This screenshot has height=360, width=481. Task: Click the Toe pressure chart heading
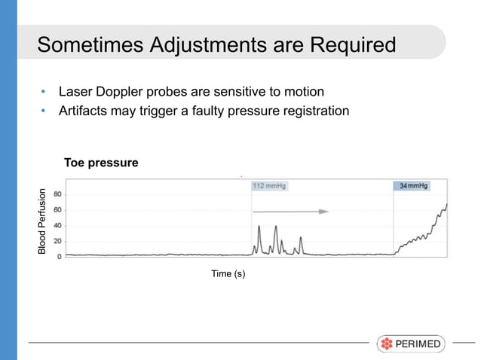[101, 163]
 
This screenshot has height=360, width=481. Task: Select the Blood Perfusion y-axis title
[43, 220]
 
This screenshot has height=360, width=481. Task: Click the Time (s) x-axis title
[228, 273]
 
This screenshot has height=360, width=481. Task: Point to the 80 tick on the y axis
[57, 194]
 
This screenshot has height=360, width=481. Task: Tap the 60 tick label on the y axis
[57, 209]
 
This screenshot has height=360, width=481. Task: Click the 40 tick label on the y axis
[57, 225]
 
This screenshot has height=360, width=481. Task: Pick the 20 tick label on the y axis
[57, 241]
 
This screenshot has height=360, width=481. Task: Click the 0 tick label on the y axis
[60, 257]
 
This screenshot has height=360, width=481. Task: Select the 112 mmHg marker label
[269, 185]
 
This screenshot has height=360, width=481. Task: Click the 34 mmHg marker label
[412, 185]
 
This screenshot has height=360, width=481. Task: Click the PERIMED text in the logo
[419, 344]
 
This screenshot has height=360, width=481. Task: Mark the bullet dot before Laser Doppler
[44, 93]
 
